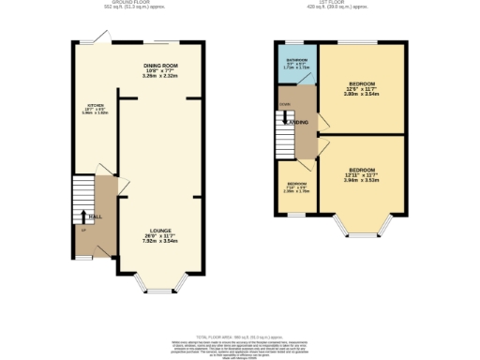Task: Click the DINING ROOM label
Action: pos(160,66)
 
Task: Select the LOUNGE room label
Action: pos(158,228)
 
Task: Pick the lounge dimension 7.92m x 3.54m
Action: pos(158,240)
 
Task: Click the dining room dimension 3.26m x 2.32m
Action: pos(160,75)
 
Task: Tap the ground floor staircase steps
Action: pos(83,202)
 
